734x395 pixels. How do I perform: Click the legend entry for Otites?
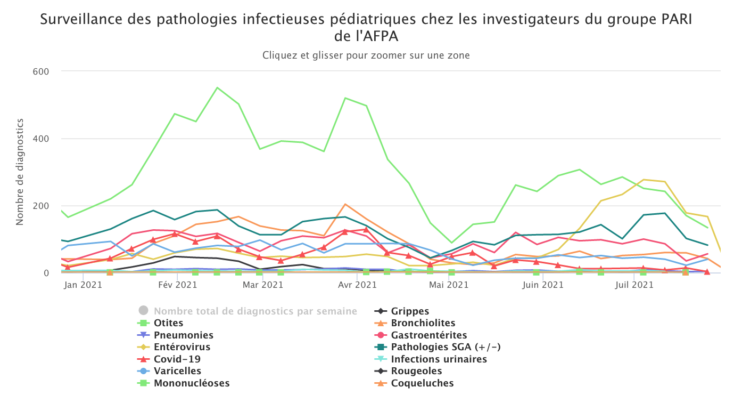coord(168,323)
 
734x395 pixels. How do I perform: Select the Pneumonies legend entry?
coord(183,335)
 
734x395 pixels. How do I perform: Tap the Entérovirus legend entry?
coord(182,347)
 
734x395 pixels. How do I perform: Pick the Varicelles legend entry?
coord(177,371)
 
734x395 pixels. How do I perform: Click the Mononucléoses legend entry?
coord(192,383)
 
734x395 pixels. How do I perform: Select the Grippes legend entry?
coord(409,311)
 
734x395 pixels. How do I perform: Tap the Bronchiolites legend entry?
coord(423,323)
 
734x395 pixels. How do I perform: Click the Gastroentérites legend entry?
coord(428,335)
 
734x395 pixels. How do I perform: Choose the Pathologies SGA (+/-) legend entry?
coord(446,347)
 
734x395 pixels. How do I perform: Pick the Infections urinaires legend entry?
coord(439,359)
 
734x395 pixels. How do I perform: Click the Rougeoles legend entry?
coord(416,371)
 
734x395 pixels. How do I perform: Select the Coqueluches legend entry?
coord(422,383)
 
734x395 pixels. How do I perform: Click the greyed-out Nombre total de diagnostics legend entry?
coord(255,311)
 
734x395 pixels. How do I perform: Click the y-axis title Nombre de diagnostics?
coord(20,172)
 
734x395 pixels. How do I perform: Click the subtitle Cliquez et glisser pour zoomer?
coord(366,55)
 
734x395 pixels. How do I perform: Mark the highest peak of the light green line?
coord(217,87)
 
